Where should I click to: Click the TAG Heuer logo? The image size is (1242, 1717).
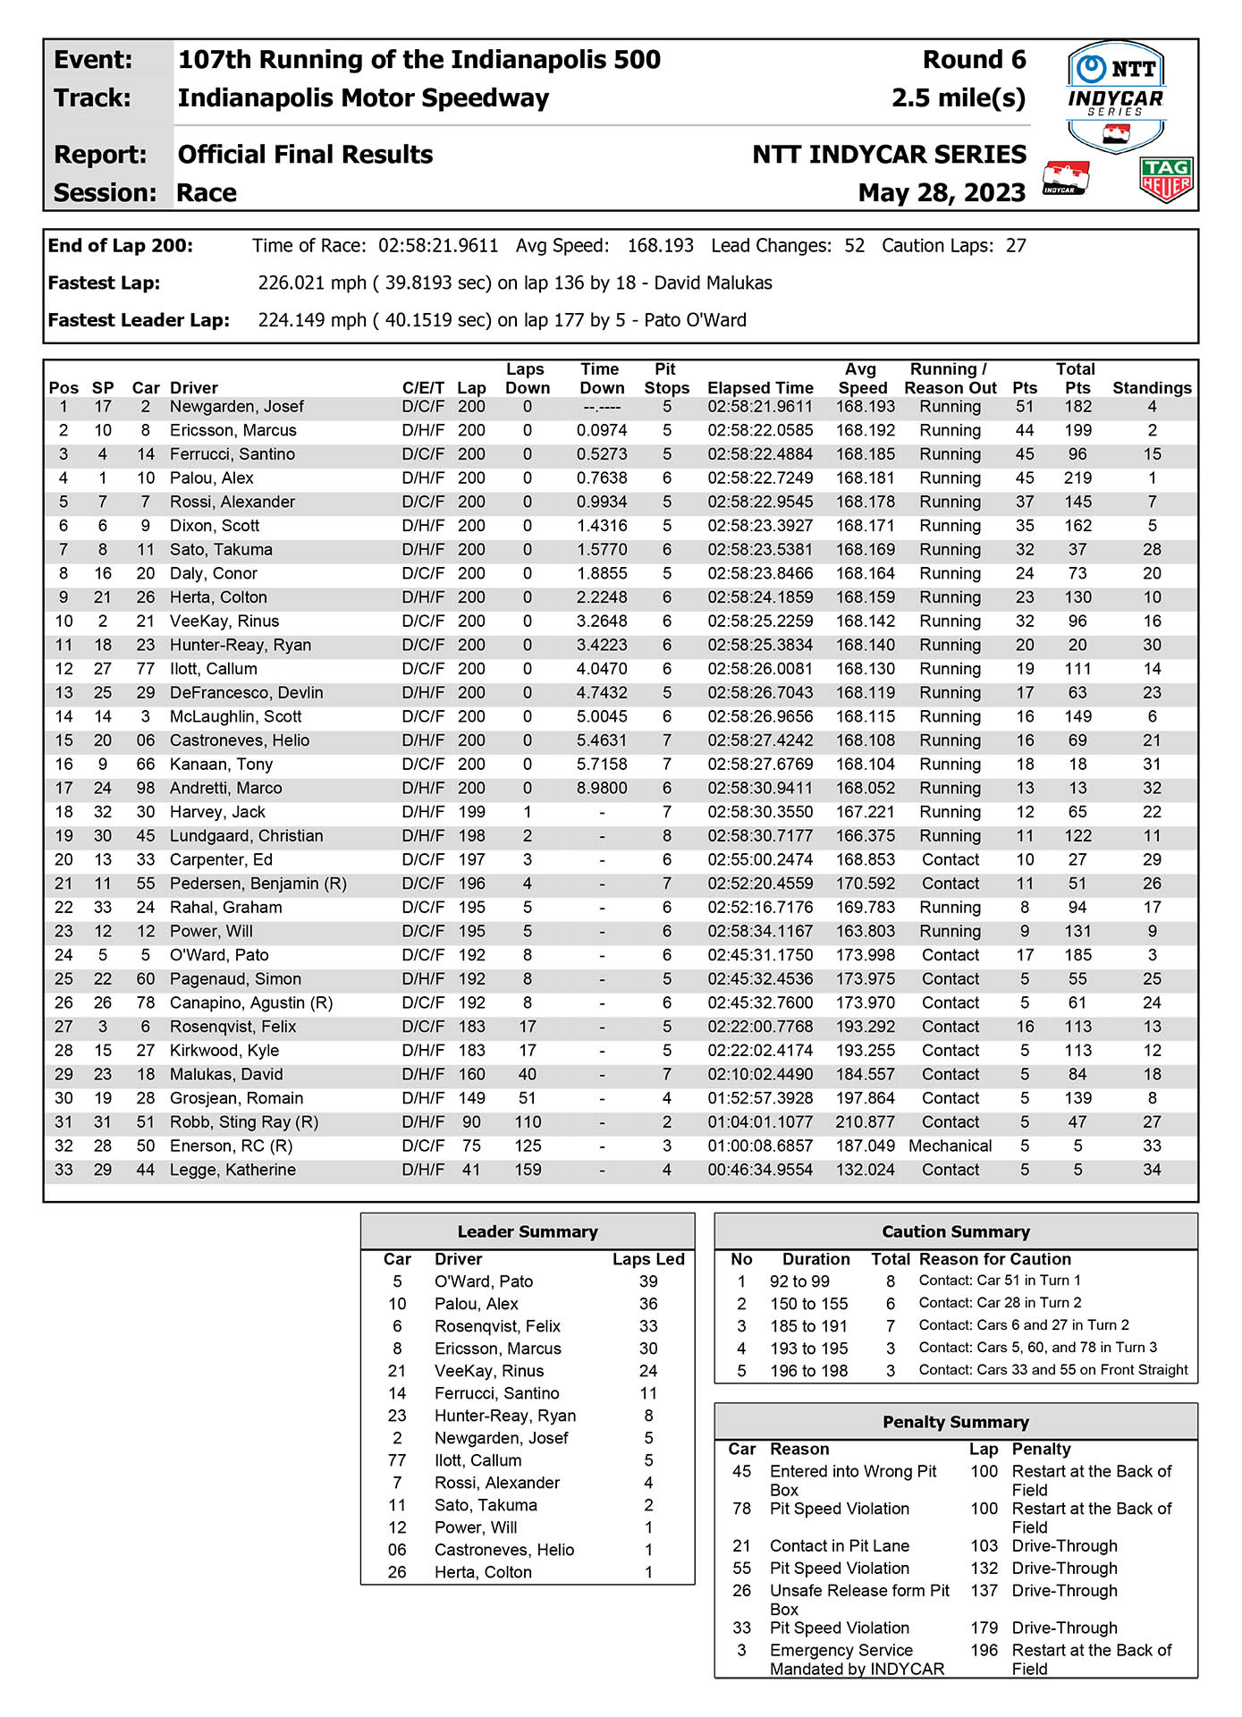point(1167,180)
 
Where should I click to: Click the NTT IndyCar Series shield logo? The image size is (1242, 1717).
point(1116,97)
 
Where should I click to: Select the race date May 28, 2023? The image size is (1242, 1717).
point(942,192)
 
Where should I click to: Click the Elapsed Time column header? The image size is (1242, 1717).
point(760,388)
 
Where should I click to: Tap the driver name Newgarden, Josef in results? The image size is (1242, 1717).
point(237,407)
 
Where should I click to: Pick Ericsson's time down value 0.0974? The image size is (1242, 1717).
point(602,430)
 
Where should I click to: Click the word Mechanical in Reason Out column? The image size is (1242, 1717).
point(951,1146)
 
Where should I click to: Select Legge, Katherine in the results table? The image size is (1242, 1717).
point(232,1170)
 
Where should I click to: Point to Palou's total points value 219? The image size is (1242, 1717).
point(1077,478)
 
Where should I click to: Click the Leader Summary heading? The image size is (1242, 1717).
point(528,1231)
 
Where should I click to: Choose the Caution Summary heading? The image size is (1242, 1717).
point(956,1231)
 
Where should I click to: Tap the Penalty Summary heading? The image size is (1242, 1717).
point(956,1422)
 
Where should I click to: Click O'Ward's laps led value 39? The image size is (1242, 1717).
point(648,1281)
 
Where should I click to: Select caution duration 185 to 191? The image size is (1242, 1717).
point(808,1326)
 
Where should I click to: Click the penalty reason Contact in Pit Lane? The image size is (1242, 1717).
point(840,1546)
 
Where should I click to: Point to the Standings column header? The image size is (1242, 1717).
point(1152,388)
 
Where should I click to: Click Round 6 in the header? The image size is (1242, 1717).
point(975,60)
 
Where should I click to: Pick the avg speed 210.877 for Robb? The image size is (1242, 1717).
point(865,1122)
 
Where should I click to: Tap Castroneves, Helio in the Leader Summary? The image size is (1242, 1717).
point(504,1550)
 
